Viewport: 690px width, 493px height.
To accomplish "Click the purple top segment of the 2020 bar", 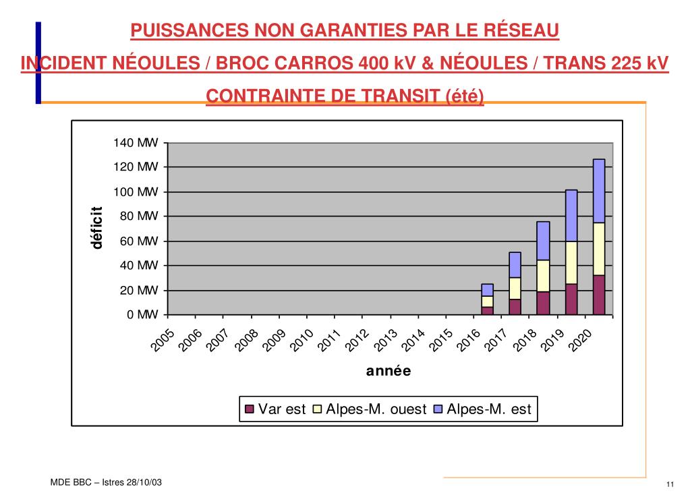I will click(x=598, y=191).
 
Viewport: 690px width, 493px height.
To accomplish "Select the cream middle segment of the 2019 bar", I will click(x=571, y=263).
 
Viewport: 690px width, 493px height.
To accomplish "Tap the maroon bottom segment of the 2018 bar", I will click(x=543, y=303).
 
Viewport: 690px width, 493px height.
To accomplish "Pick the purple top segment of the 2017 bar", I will click(x=515, y=264).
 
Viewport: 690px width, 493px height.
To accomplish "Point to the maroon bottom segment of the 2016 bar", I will click(x=487, y=311).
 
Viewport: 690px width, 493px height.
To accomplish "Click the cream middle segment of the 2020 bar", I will click(x=598, y=249).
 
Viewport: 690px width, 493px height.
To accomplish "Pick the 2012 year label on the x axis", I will click(x=358, y=341).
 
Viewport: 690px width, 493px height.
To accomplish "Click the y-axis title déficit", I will click(x=98, y=228).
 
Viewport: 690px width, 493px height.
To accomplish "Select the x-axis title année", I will click(x=389, y=371).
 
